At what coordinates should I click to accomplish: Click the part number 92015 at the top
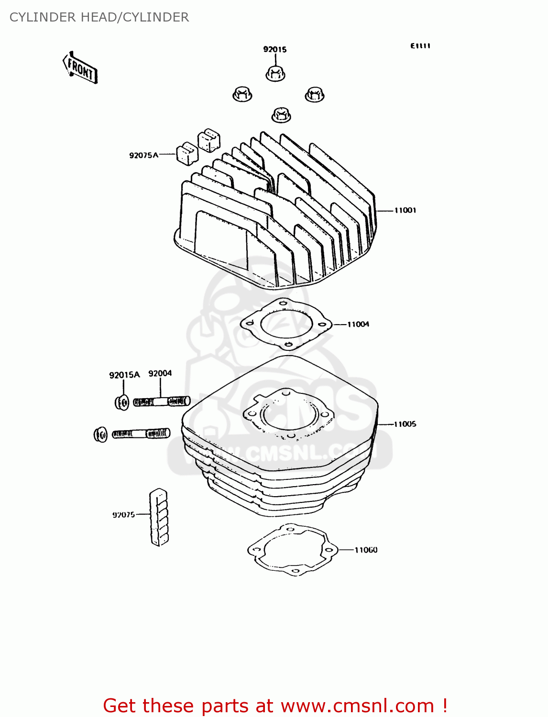274,49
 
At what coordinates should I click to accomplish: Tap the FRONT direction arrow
80,68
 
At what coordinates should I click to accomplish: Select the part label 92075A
143,155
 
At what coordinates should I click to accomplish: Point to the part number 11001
405,210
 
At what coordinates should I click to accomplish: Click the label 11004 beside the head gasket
358,325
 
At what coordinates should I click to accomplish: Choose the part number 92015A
124,375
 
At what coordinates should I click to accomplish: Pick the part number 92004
160,373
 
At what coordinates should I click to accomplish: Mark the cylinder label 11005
405,424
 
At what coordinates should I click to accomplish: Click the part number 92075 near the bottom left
123,515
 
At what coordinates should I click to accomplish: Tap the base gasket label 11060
366,550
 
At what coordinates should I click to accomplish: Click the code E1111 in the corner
420,46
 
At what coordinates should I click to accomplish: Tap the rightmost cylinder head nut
315,94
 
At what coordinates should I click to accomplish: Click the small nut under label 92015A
122,402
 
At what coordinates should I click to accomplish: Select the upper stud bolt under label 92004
161,402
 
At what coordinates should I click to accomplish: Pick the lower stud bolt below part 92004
141,434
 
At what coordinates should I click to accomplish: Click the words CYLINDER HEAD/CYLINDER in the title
99,17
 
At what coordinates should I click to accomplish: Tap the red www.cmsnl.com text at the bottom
357,706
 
